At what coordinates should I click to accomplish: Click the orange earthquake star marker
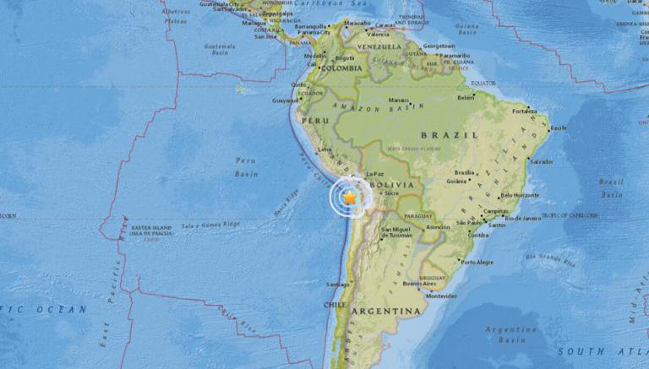(x=349, y=196)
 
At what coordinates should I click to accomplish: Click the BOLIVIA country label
(x=393, y=183)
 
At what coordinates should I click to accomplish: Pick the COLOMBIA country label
(x=342, y=68)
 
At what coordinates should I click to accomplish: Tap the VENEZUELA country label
(x=378, y=46)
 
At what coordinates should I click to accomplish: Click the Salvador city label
(x=541, y=162)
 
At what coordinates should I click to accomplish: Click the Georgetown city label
(x=440, y=46)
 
